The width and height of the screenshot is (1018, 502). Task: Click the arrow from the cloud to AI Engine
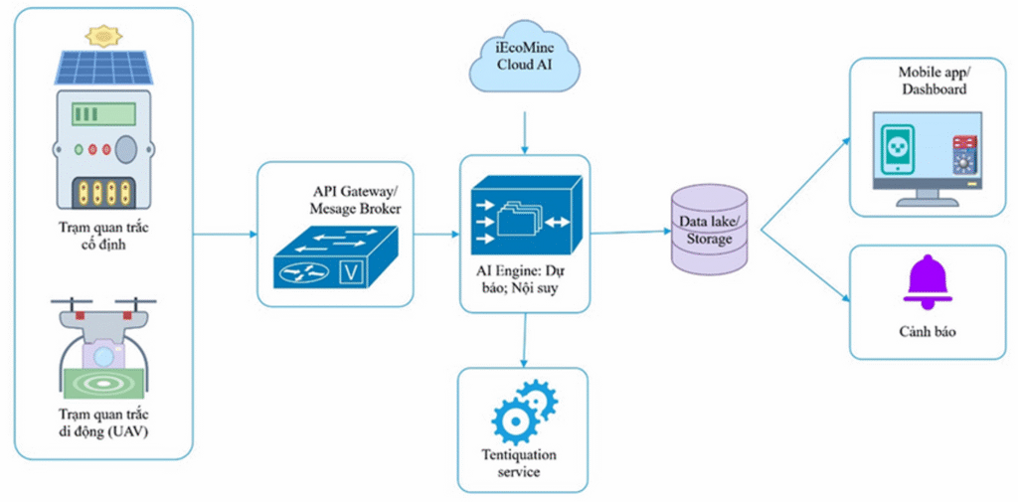(524, 127)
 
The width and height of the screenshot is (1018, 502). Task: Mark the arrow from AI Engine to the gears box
(524, 344)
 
